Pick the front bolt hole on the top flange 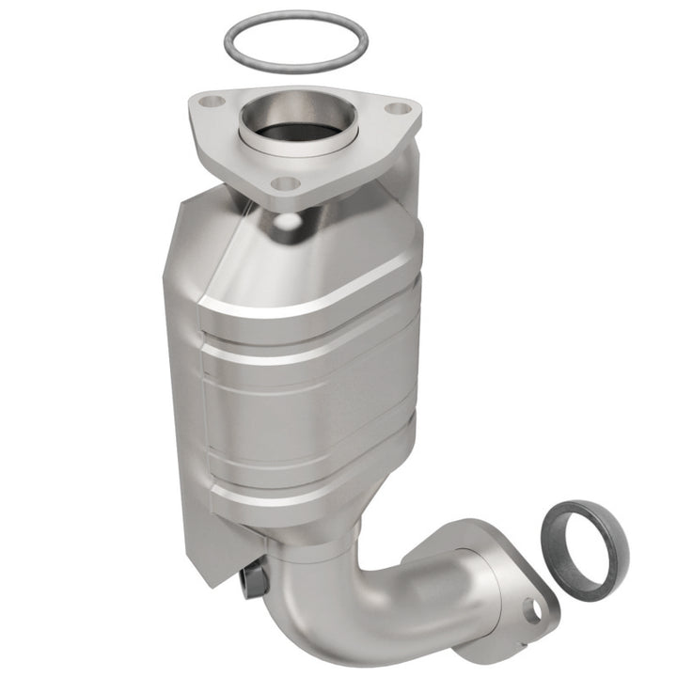(x=286, y=184)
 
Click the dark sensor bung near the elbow (x=252, y=581)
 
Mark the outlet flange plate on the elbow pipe (x=508, y=574)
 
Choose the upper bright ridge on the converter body (x=310, y=301)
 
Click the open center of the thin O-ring (x=295, y=41)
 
